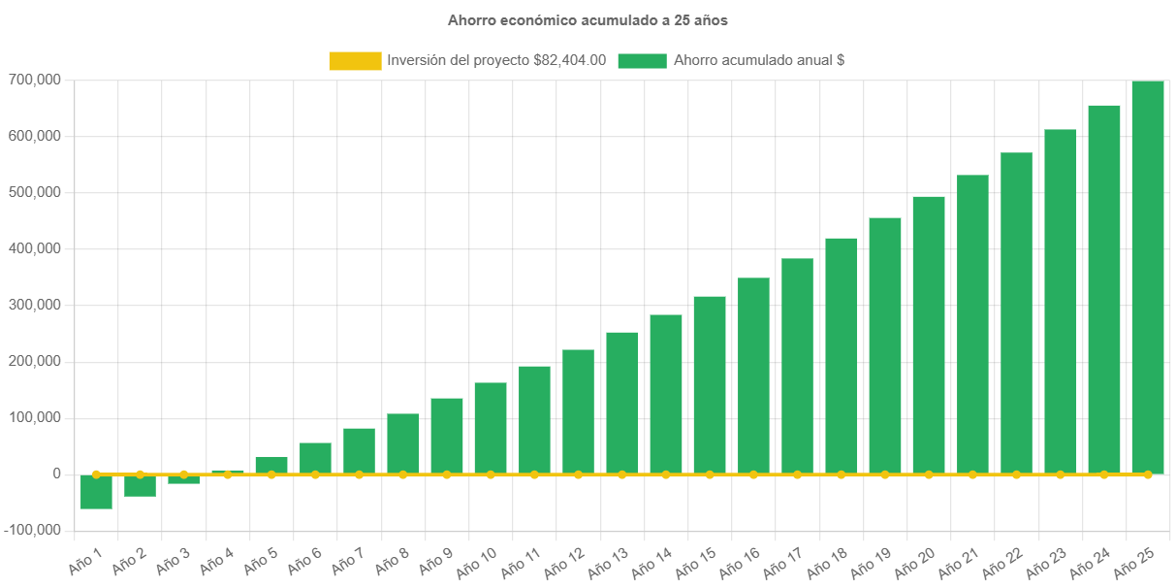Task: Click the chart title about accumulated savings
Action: tap(588, 20)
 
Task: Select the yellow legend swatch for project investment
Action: tap(355, 61)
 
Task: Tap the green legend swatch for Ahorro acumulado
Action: tap(642, 61)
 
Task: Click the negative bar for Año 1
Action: tap(96, 492)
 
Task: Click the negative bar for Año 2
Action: tap(140, 486)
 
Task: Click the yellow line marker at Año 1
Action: tap(96, 474)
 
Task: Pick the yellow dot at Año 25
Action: tap(1147, 474)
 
